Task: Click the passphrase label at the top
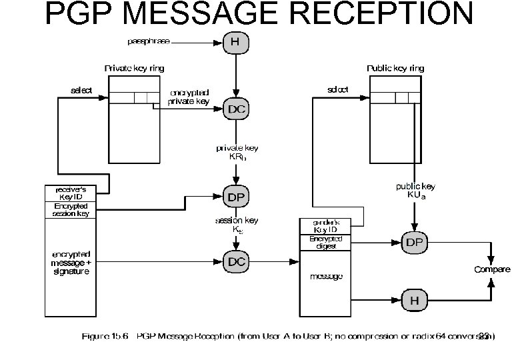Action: pyautogui.click(x=147, y=41)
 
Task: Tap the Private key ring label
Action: pyautogui.click(x=134, y=68)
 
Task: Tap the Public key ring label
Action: pyautogui.click(x=395, y=68)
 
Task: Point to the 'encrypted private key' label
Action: pyautogui.click(x=190, y=97)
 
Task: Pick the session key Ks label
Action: pyautogui.click(x=237, y=224)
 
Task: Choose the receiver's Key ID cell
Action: pyautogui.click(x=71, y=193)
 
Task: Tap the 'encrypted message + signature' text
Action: pyautogui.click(x=71, y=263)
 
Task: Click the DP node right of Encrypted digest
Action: pyautogui.click(x=414, y=242)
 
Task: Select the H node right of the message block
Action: pyautogui.click(x=414, y=301)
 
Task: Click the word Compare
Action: pyautogui.click(x=492, y=269)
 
